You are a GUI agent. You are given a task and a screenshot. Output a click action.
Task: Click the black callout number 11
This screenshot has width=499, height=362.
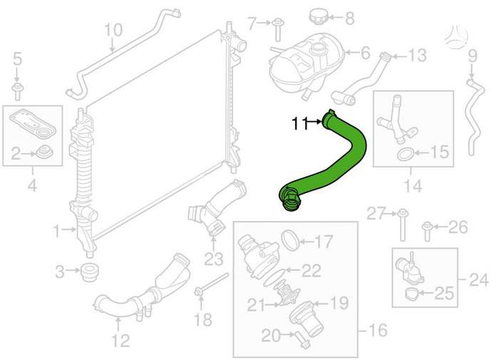point(300,123)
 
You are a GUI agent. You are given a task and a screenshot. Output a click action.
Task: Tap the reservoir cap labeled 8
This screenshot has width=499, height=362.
point(319,16)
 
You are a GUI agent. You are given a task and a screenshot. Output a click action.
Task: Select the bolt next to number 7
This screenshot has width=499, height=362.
point(277,31)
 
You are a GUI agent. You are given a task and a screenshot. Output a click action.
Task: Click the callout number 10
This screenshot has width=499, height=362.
point(113,30)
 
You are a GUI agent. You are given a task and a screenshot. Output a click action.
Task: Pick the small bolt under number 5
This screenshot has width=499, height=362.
point(17,92)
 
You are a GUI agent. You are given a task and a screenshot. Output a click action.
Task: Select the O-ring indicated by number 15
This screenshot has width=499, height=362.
point(406,155)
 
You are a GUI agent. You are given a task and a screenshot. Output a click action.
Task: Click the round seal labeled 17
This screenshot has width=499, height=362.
point(290,240)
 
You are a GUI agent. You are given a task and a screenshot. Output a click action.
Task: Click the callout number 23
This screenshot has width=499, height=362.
point(214,259)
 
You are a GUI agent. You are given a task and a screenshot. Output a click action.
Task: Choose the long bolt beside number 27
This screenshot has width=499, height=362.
point(402,224)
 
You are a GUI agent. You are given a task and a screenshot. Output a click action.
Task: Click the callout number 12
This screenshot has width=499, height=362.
point(121,341)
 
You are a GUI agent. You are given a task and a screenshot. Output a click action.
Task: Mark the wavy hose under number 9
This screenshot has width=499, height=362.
point(475,116)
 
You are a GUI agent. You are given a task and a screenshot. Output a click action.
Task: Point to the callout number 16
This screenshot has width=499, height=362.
point(377,331)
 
